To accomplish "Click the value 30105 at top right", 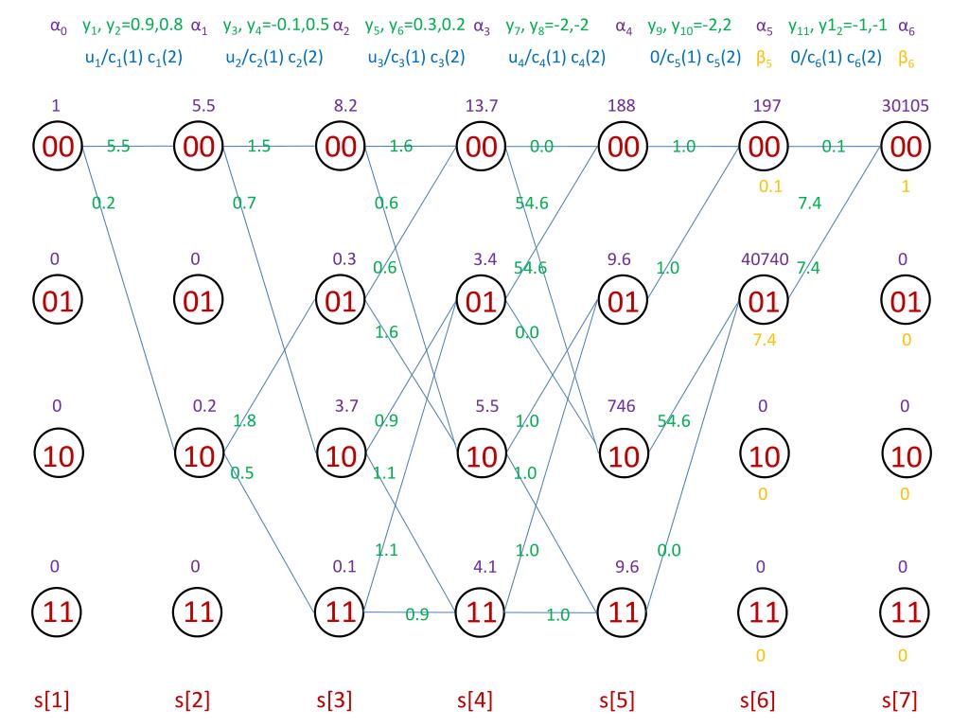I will pyautogui.click(x=906, y=106).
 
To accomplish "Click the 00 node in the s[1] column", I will pyautogui.click(x=58, y=147).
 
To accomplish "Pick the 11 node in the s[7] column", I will pyautogui.click(x=906, y=612).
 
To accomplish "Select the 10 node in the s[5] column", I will pyautogui.click(x=623, y=457).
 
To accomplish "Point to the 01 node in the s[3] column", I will pyautogui.click(x=341, y=302).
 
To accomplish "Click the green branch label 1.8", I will pyautogui.click(x=243, y=419).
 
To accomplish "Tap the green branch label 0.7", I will pyautogui.click(x=244, y=202).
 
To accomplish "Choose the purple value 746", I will pyautogui.click(x=621, y=406).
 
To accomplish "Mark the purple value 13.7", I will pyautogui.click(x=482, y=106).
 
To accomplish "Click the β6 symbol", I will pyautogui.click(x=906, y=58).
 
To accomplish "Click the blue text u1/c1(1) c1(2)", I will pyautogui.click(x=133, y=58).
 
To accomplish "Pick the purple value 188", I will pyautogui.click(x=622, y=106).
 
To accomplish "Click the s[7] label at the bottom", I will pyautogui.click(x=899, y=700).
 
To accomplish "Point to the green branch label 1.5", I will pyautogui.click(x=259, y=147).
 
